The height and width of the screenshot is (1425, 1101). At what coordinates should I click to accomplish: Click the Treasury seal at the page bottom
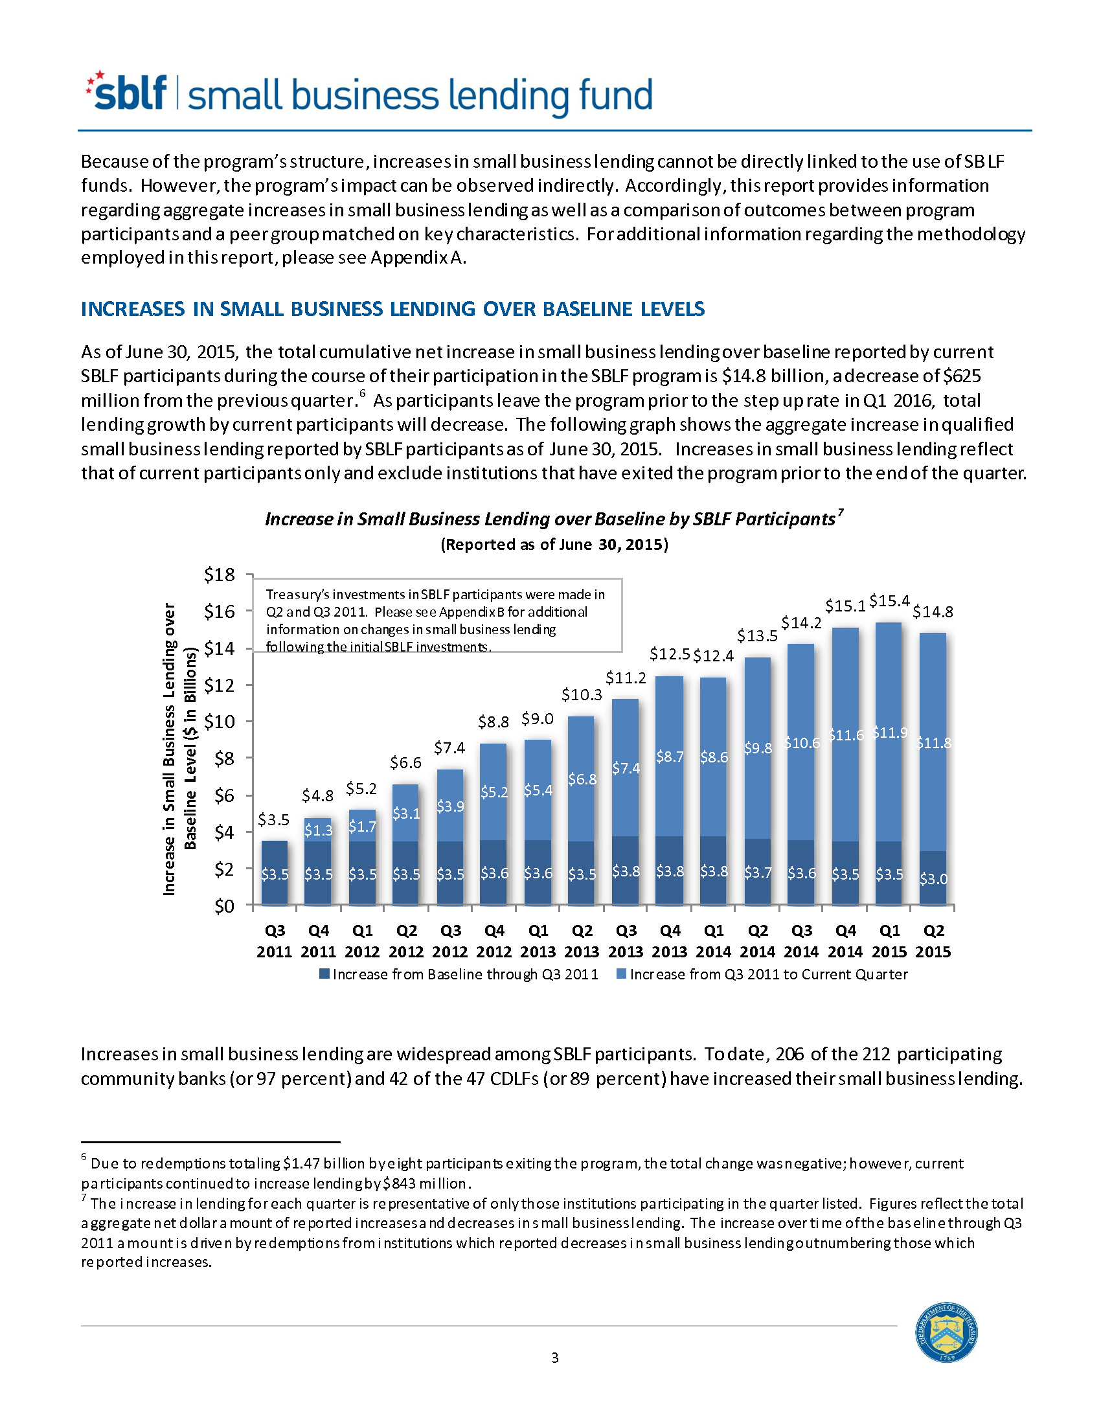tap(946, 1332)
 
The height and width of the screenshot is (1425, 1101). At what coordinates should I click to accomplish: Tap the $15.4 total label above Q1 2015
tap(889, 601)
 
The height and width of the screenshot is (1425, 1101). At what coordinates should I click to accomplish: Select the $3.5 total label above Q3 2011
tap(274, 819)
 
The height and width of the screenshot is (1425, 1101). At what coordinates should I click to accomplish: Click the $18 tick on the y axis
tap(219, 575)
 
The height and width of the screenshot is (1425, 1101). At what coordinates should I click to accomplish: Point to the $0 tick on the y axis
tap(224, 906)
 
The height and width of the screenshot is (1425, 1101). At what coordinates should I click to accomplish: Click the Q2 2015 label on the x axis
tap(933, 941)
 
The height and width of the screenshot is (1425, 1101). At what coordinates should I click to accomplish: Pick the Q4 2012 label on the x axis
tap(494, 941)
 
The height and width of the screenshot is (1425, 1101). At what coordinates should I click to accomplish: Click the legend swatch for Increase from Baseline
tap(324, 974)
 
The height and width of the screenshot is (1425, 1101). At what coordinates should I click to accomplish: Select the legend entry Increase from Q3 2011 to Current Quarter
tap(762, 974)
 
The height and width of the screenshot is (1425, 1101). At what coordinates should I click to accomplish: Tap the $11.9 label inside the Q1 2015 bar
tap(891, 733)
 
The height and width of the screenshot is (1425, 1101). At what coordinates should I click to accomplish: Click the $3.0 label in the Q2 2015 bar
tap(933, 880)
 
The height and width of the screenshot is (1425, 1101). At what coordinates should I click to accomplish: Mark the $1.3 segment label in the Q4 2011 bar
tap(318, 830)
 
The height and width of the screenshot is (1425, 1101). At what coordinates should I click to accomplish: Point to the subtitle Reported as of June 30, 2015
tap(554, 545)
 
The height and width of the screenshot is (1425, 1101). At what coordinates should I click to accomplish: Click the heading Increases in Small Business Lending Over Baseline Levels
tap(392, 308)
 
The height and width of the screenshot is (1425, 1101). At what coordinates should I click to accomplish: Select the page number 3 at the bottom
tap(555, 1358)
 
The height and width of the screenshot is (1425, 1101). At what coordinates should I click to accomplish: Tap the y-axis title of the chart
tap(179, 749)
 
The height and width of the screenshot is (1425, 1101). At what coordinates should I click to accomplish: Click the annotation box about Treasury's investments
tap(437, 615)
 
